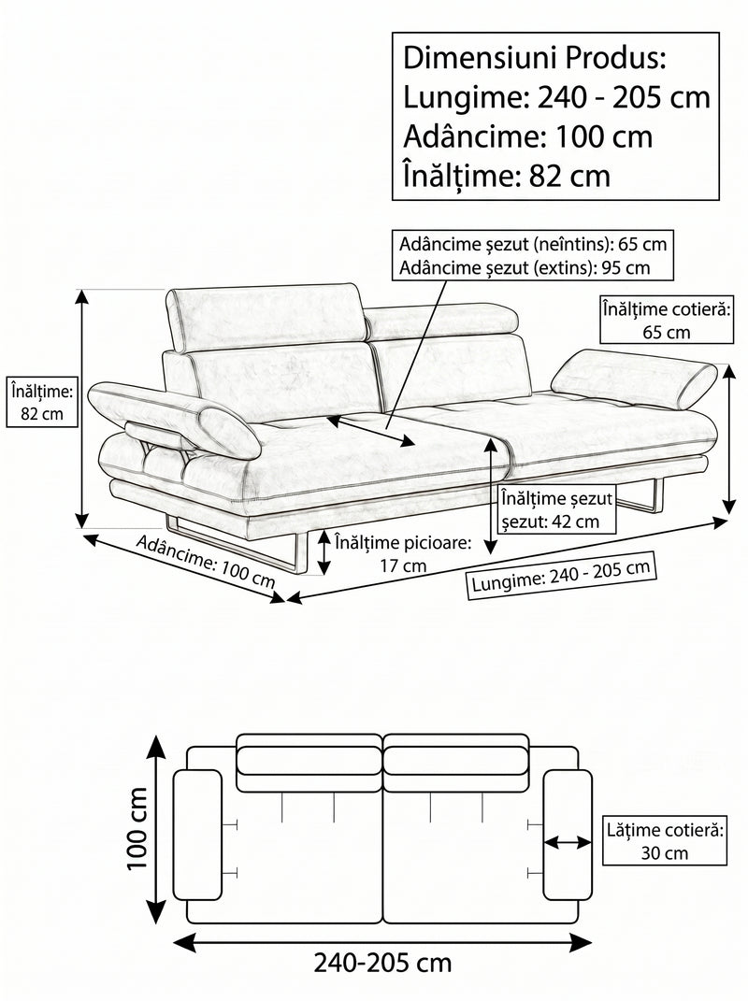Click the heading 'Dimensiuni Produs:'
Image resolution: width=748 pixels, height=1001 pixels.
535,58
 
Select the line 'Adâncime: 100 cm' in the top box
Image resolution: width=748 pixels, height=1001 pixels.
527,136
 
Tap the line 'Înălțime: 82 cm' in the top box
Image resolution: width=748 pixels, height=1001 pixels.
507,176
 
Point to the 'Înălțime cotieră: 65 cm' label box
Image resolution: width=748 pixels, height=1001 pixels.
666,320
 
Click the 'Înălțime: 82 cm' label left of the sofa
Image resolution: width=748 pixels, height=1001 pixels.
42,402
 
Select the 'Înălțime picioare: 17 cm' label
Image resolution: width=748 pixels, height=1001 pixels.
403,553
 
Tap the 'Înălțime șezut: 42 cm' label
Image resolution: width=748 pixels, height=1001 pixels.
556,509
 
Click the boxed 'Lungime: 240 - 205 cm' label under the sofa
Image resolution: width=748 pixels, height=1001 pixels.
561,575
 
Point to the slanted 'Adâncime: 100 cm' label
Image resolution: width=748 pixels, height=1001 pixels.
206,561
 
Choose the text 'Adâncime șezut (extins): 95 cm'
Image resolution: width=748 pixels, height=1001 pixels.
525,267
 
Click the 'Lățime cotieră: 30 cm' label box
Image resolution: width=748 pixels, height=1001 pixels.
665,841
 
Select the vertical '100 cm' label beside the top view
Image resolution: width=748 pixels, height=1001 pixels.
137,828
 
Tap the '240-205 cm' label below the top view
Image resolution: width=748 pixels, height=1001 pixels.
382,963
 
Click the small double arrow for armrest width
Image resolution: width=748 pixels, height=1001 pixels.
568,843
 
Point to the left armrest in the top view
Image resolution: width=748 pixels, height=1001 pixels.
197,835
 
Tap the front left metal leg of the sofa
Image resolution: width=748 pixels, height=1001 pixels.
237,544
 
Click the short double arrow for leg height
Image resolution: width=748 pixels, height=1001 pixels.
324,553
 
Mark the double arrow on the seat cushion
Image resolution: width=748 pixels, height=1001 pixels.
370,431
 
